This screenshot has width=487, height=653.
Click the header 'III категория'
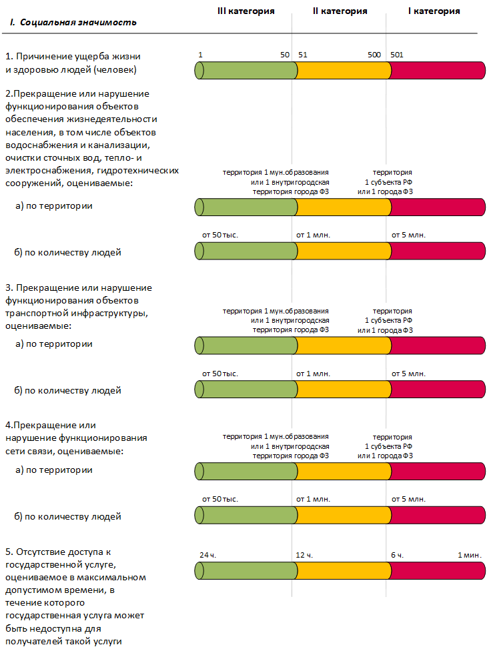click(246, 11)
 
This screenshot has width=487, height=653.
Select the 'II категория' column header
click(340, 11)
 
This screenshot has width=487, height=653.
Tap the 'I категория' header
click(434, 11)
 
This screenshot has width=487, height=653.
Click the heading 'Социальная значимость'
click(78, 23)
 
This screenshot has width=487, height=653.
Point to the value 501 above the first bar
click(397, 55)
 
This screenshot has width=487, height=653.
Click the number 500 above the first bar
click(374, 55)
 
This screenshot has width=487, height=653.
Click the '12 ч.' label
click(304, 555)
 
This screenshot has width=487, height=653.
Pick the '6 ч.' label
click(398, 555)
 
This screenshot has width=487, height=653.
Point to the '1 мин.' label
click(470, 555)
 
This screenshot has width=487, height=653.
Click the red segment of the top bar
click(437, 70)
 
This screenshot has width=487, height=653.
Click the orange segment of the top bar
click(342, 70)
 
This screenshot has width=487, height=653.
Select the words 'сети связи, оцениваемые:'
click(65, 451)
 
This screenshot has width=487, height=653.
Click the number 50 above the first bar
click(285, 55)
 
